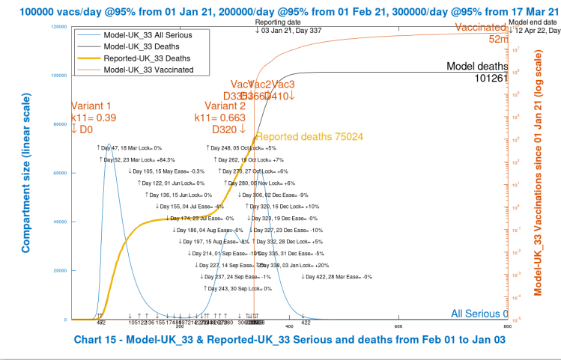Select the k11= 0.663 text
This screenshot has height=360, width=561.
point(219,118)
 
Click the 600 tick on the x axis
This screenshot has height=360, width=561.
point(398,326)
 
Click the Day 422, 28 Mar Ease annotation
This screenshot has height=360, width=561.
point(336,276)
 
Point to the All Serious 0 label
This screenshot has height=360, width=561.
point(479,314)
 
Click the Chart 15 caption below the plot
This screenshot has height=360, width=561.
point(285,339)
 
